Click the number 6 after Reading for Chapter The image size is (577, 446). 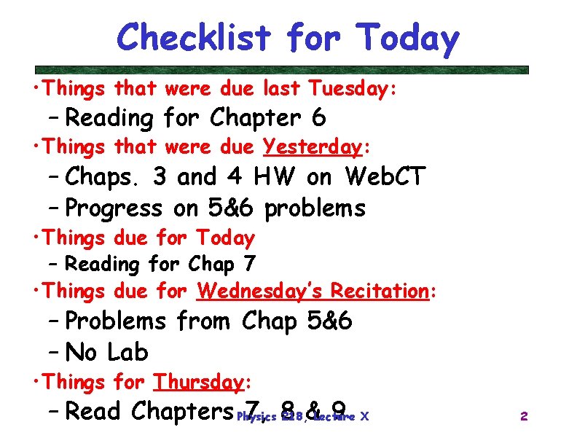[318, 117]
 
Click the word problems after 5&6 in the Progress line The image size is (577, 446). [315, 208]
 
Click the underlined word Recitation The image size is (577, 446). [379, 292]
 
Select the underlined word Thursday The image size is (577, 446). [198, 382]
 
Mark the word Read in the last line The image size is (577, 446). [93, 412]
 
